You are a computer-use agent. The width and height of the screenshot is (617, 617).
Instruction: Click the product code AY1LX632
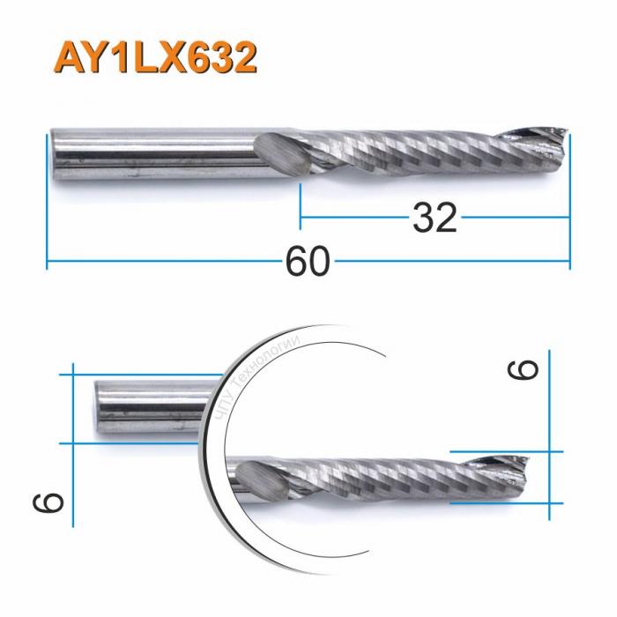click(x=156, y=57)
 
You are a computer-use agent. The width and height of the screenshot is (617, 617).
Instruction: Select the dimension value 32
click(x=435, y=217)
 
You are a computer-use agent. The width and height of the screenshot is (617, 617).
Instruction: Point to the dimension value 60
click(x=308, y=262)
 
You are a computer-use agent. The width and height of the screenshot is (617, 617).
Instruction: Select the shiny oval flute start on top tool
click(x=279, y=157)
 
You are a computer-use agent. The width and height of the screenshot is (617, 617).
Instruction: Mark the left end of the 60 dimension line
click(x=47, y=262)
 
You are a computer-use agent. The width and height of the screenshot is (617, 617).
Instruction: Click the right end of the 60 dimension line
click(x=569, y=262)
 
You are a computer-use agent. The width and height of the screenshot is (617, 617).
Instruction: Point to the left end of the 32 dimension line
click(x=301, y=217)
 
